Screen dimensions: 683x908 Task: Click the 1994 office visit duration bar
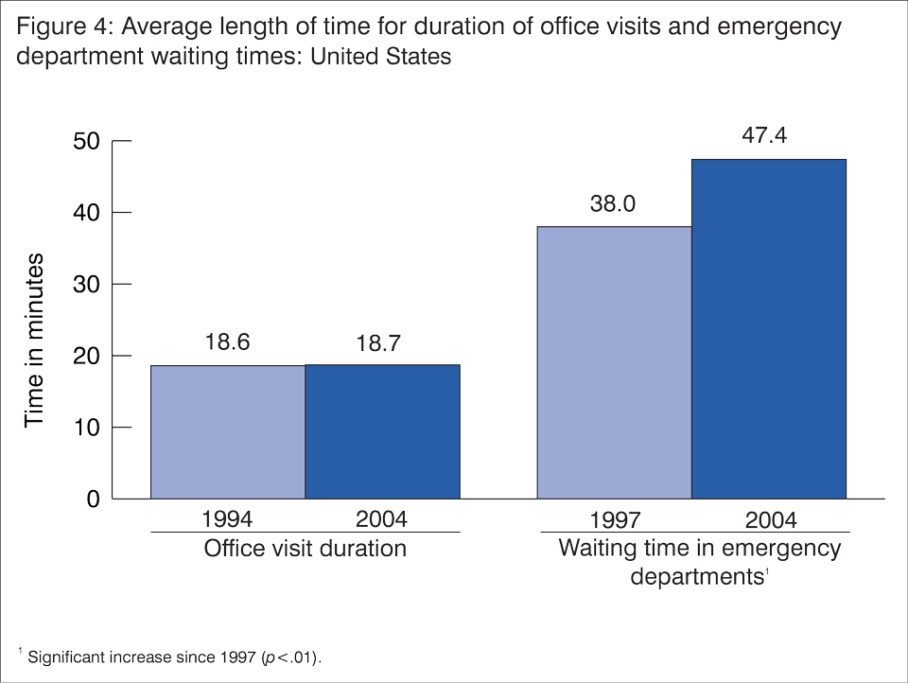tap(227, 431)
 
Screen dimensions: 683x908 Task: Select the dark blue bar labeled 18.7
tap(382, 431)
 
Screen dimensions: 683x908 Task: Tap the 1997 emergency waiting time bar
tap(614, 362)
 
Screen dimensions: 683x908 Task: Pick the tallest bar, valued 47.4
tap(769, 328)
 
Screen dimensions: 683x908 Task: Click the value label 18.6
tap(228, 341)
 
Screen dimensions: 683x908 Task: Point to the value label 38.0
tap(613, 203)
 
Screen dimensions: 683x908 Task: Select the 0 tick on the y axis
tap(93, 499)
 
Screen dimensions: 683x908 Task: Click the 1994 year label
tap(227, 519)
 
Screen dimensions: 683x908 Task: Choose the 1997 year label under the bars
tap(613, 520)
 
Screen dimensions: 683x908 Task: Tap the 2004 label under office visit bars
tap(382, 519)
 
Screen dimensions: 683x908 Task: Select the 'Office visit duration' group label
tap(306, 549)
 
